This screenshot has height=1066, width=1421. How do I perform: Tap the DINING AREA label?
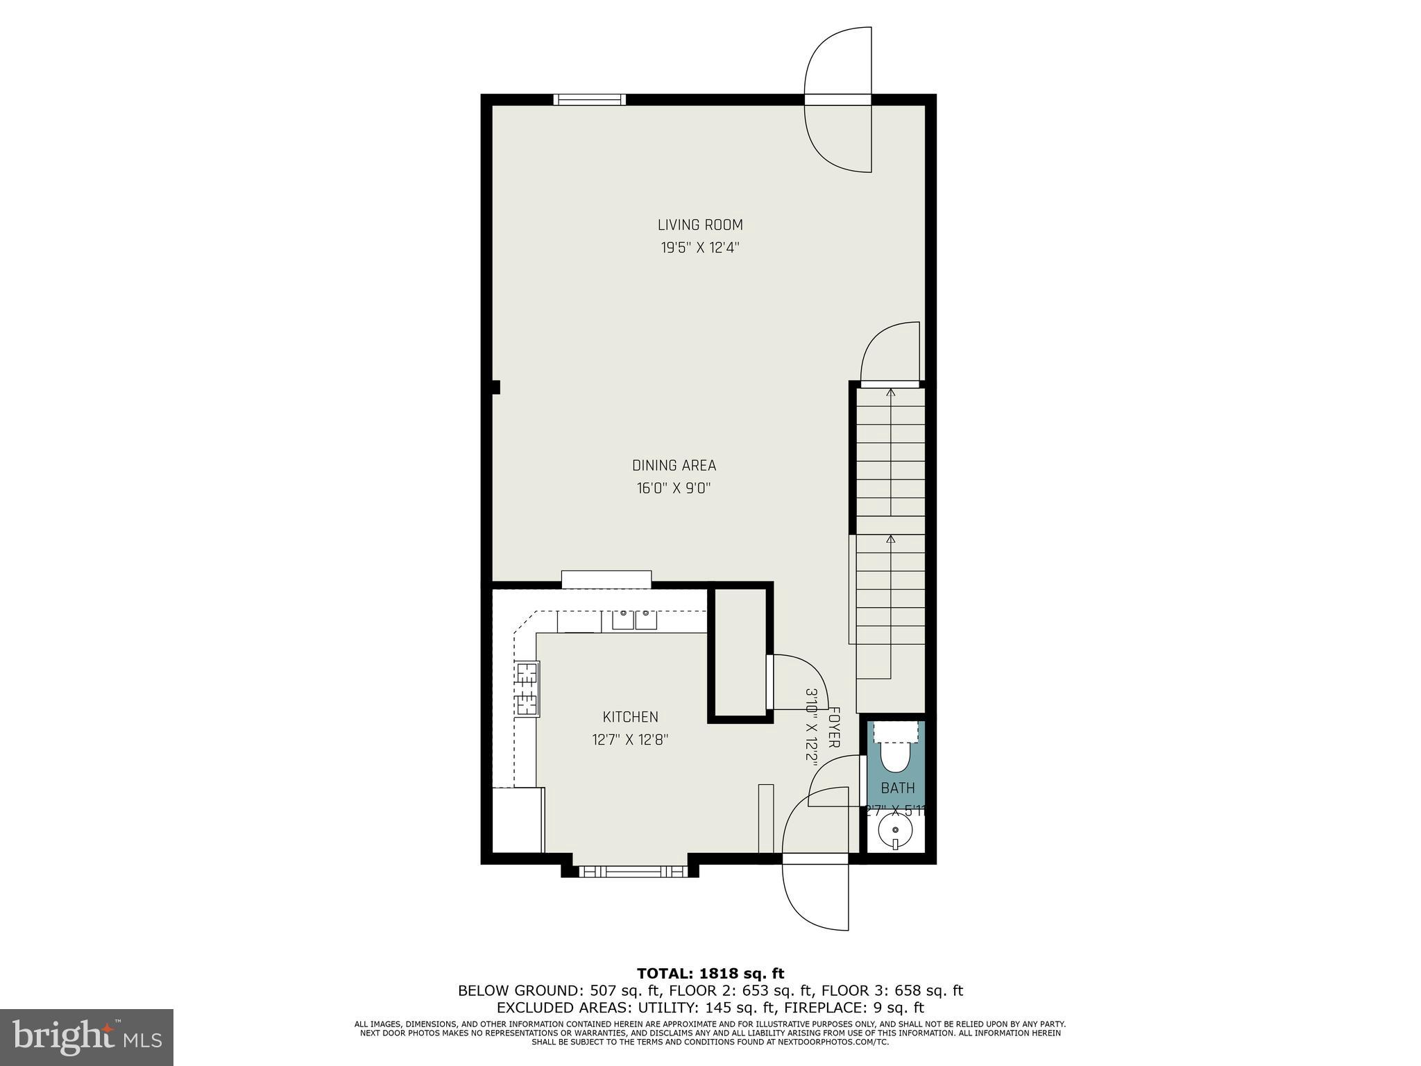coord(674,466)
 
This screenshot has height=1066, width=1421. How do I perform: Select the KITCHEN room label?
coord(630,717)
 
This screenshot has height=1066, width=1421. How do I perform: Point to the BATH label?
coord(898,788)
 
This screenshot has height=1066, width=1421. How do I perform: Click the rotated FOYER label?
coord(835,727)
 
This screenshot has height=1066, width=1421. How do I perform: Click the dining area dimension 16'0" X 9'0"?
coord(674,489)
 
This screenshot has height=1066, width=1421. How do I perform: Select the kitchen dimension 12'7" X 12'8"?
coord(630,740)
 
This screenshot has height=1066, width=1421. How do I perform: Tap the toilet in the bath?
coord(895,755)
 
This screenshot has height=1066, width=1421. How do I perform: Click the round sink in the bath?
coord(895,830)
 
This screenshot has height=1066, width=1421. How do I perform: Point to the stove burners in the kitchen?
coord(527,688)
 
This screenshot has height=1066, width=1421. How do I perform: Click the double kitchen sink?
coord(634,619)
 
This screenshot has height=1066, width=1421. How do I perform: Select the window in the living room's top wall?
coord(589,100)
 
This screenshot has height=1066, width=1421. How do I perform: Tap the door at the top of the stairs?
coord(890,383)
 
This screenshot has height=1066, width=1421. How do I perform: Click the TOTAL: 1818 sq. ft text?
coord(710,974)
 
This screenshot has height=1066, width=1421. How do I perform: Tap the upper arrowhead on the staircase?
coord(891,393)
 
